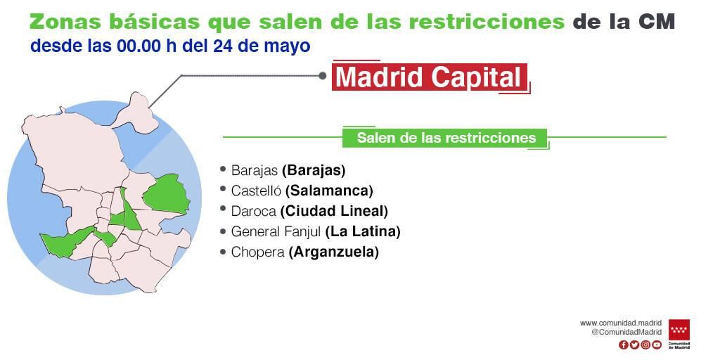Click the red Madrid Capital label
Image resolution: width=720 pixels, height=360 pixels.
(430, 77)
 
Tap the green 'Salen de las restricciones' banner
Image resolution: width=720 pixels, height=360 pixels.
(446, 138)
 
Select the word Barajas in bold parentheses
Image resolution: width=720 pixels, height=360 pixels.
(314, 170)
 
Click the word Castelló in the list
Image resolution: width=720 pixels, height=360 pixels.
(256, 191)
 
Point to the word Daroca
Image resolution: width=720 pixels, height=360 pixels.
(253, 211)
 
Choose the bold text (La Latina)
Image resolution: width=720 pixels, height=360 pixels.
(363, 231)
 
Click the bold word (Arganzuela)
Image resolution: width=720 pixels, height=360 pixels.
(333, 252)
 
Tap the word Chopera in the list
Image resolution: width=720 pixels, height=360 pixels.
(257, 252)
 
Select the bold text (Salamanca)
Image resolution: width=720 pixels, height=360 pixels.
(329, 191)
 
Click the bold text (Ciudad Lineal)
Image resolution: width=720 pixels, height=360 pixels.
(334, 211)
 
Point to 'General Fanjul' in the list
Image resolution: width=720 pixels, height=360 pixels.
(276, 231)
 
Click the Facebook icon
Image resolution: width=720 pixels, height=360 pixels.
(623, 345)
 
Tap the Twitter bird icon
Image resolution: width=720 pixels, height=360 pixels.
(634, 345)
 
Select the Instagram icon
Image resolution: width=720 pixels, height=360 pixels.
(645, 345)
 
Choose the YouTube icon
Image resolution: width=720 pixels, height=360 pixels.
(657, 345)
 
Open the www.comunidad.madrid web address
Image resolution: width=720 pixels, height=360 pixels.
(620, 323)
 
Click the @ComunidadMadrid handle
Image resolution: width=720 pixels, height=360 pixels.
(626, 332)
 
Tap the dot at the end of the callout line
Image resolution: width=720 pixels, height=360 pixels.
(323, 75)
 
